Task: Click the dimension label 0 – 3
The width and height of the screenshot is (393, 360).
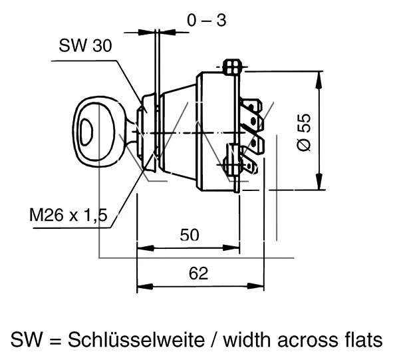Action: [x=206, y=21]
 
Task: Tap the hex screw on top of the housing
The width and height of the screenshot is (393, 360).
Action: [x=231, y=67]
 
